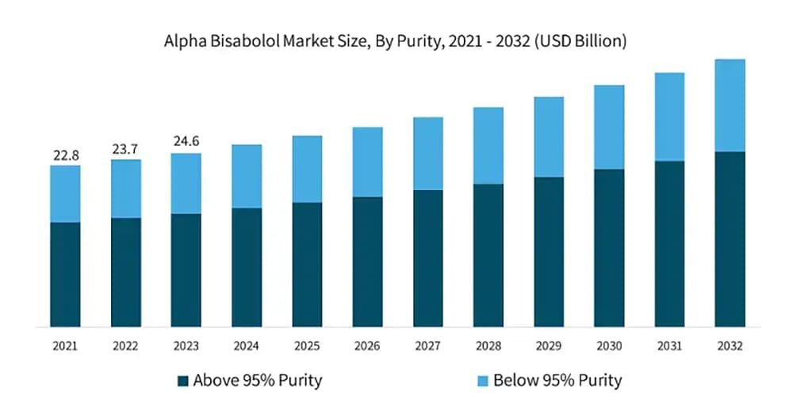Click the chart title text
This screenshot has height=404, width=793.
click(x=396, y=41)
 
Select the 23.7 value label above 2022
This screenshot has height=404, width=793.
click(x=126, y=148)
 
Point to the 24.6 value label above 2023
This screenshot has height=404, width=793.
click(x=186, y=142)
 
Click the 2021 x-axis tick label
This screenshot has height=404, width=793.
click(x=65, y=346)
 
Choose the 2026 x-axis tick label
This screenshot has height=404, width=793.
click(x=367, y=346)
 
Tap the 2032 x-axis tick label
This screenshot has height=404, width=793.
click(x=730, y=346)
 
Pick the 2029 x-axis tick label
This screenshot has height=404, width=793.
click(x=548, y=346)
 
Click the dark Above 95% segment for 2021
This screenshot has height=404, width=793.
click(x=65, y=274)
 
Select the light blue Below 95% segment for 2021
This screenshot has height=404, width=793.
click(x=65, y=194)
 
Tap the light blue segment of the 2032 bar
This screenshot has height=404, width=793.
click(x=730, y=105)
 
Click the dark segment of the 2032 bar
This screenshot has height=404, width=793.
click(x=730, y=238)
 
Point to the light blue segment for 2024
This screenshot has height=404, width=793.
click(x=247, y=177)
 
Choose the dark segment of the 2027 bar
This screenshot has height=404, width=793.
click(x=427, y=258)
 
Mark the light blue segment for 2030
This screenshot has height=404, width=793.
click(x=609, y=127)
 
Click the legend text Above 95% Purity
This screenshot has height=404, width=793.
click(x=259, y=381)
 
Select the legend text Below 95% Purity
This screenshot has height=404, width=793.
click(x=557, y=381)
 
